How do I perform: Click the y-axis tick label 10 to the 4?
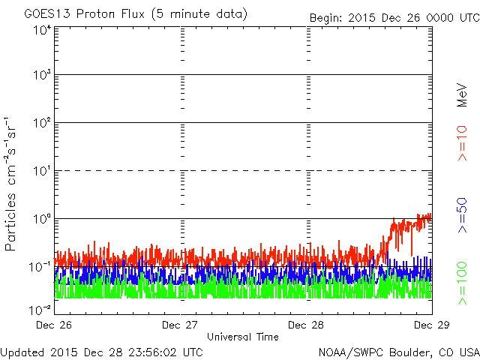pos(41,30)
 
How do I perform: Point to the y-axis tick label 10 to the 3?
pos(41,75)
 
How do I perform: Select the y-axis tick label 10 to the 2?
pos(41,122)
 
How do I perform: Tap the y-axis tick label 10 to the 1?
pos(41,170)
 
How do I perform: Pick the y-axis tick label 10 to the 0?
pos(41,218)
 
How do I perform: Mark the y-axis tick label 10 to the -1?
pos(40,266)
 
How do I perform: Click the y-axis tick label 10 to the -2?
pos(40,309)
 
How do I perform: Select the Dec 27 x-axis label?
pos(181,325)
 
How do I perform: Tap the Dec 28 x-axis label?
pos(307,325)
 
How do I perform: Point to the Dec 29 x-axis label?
pos(431,325)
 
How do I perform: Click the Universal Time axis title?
pos(242,337)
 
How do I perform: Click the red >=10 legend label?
pos(463,143)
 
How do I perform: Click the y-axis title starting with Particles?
pos(13,183)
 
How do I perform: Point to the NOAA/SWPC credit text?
pos(398,352)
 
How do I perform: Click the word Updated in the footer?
pos(22,352)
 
